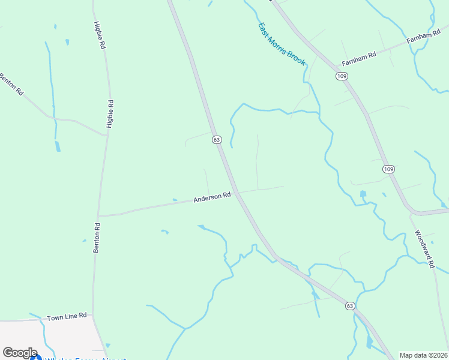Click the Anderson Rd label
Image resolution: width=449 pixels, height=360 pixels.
[x=212, y=197]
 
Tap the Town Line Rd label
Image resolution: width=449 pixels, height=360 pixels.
[x=67, y=316]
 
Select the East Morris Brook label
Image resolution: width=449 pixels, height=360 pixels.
[x=282, y=44]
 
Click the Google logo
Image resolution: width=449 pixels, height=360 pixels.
[x=20, y=353]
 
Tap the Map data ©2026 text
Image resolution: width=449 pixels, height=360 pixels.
[x=423, y=355]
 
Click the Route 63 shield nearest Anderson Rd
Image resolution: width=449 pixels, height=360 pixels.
[x=217, y=139]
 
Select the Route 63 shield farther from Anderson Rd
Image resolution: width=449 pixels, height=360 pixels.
[x=350, y=306]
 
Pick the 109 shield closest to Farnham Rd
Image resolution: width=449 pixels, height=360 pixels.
[x=341, y=76]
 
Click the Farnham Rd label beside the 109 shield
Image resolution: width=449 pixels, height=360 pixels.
[x=358, y=58]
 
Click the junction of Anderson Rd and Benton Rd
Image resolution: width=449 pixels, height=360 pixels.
[x=98, y=215]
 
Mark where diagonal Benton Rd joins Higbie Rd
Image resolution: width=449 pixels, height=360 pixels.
[x=106, y=135]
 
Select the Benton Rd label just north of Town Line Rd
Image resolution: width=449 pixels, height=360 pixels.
[x=96, y=238]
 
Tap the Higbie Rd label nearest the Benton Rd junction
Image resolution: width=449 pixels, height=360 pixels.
[x=110, y=114]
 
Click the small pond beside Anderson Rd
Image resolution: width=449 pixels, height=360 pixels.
[x=175, y=200]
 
